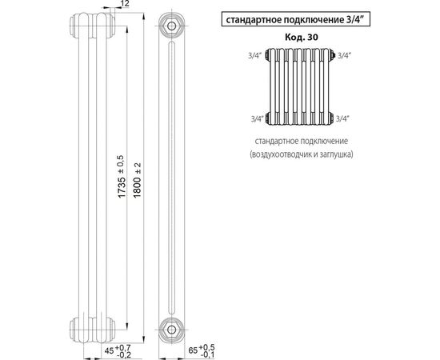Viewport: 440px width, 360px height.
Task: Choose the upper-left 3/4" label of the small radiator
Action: coord(256,55)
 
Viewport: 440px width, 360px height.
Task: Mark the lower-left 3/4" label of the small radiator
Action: coord(256,118)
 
